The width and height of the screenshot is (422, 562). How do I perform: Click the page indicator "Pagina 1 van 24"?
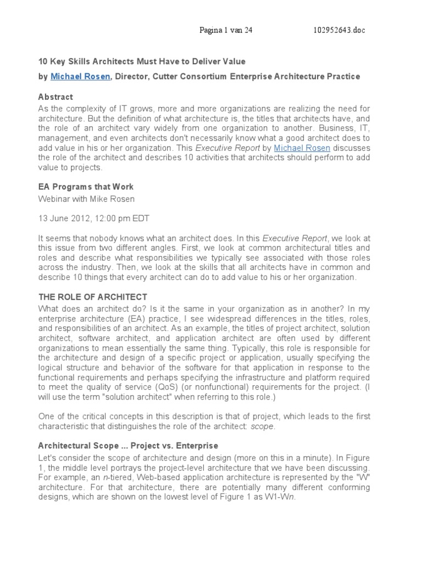pyautogui.click(x=226, y=30)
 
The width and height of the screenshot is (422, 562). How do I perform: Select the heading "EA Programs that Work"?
pyautogui.click(x=85, y=187)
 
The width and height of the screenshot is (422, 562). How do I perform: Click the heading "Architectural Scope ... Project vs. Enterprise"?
pyautogui.click(x=128, y=445)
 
